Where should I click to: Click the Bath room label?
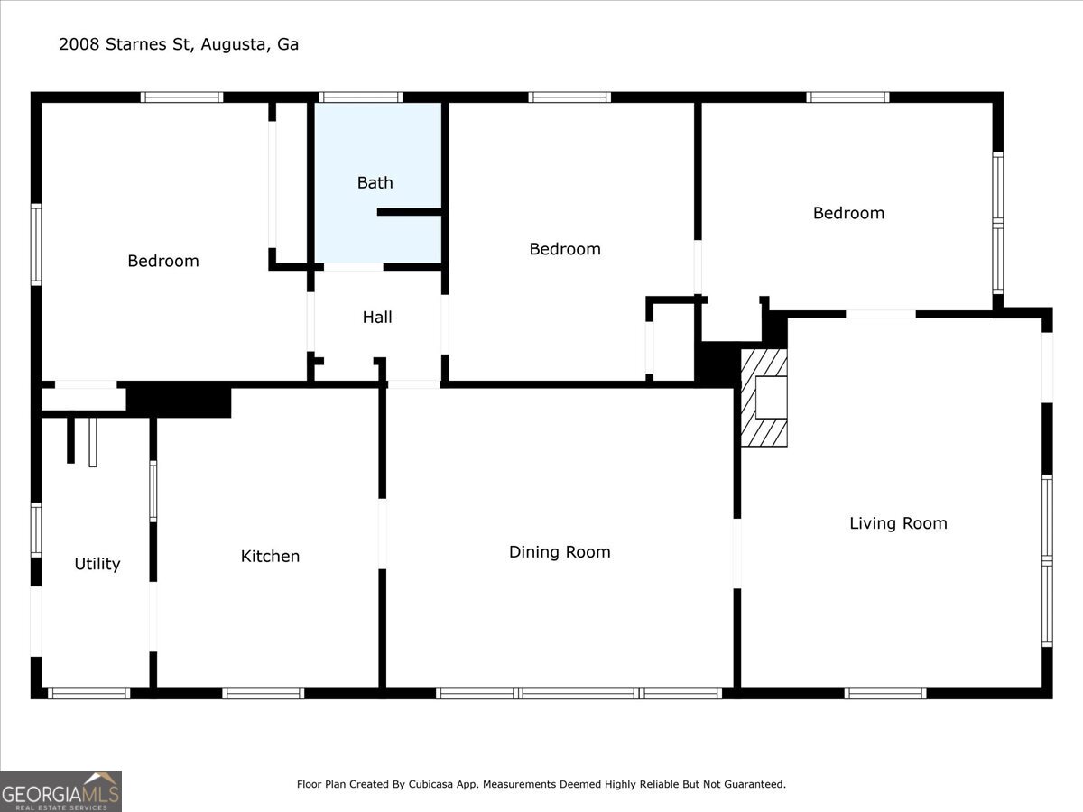click(x=375, y=183)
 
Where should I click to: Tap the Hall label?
click(x=377, y=317)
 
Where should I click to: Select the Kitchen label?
click(x=270, y=556)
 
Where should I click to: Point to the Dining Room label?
click(x=560, y=551)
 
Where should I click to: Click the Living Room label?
click(x=898, y=523)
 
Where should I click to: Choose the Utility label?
click(x=97, y=564)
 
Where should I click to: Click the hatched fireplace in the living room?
click(x=764, y=398)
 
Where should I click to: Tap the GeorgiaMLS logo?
click(x=60, y=792)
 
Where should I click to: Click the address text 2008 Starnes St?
click(x=125, y=44)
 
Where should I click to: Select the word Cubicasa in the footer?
click(x=430, y=784)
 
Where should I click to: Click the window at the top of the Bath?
click(x=360, y=97)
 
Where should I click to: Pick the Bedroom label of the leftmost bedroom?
click(x=163, y=261)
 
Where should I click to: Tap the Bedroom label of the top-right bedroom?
click(x=848, y=213)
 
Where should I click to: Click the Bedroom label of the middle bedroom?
click(x=565, y=249)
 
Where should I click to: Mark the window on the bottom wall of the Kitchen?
click(x=263, y=694)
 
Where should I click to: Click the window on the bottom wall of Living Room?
click(x=885, y=694)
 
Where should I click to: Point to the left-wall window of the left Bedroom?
click(x=36, y=245)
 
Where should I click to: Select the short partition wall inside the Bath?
click(x=409, y=212)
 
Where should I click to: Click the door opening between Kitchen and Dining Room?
click(x=383, y=534)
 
